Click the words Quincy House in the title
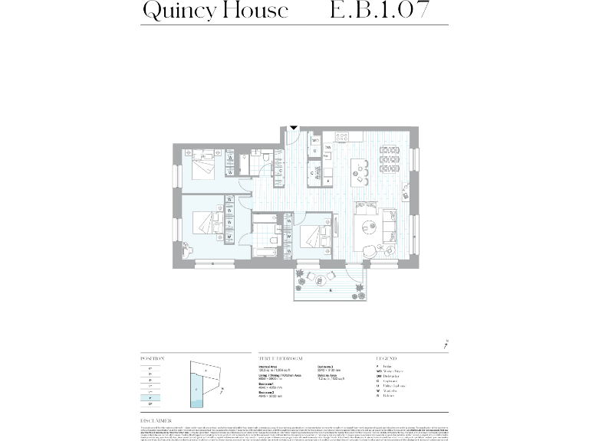pos(216,11)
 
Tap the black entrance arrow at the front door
pos(293,128)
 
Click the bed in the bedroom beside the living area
pos(314,237)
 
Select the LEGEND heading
pos(387,358)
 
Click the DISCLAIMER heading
pos(156,420)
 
